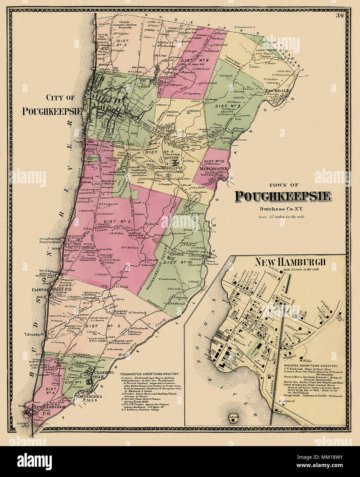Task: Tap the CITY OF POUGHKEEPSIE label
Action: [x=51, y=105]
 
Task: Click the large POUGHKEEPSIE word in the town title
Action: [x=282, y=196]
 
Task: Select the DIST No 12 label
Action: [x=214, y=161]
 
